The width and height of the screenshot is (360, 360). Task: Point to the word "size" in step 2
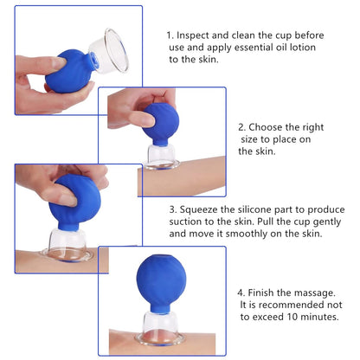(x=253, y=138)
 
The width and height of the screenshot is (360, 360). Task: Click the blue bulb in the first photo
(x=74, y=66)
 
